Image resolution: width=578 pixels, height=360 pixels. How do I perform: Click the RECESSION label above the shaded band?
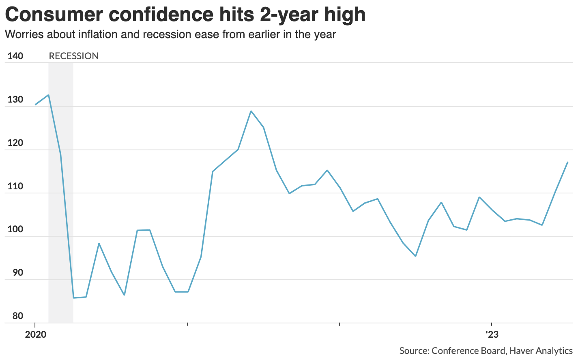[x=73, y=56]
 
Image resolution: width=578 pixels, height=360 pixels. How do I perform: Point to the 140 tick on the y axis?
[x=15, y=56]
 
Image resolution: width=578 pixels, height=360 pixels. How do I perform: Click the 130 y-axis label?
[x=15, y=100]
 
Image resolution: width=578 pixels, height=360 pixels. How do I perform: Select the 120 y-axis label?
[x=15, y=143]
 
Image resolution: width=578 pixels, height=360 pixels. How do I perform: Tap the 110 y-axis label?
[x=15, y=186]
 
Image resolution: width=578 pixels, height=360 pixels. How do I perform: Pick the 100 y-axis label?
[x=15, y=229]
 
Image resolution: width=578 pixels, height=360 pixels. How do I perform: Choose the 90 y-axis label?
[x=18, y=273]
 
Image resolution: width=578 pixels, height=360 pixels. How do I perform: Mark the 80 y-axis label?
[x=18, y=316]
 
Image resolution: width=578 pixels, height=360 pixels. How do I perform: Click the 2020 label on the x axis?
[x=35, y=335]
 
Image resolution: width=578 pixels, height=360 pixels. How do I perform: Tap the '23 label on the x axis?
[x=492, y=335]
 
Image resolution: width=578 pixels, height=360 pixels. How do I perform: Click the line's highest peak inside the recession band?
[x=49, y=95]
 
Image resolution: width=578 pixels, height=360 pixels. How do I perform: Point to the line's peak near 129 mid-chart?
[x=251, y=111]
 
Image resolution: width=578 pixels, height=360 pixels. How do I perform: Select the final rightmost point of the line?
[x=567, y=162]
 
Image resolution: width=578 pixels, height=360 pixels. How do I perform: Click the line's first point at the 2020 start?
[x=35, y=105]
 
